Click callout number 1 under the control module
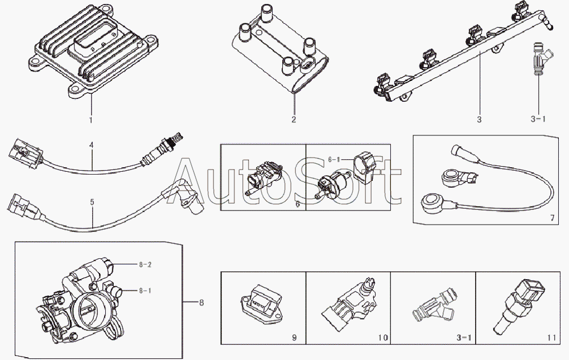point(89,121)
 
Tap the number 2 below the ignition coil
point(294,120)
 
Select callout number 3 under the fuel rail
point(479,120)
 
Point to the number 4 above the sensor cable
point(91,145)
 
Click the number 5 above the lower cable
point(92,201)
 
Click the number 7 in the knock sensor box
point(551,217)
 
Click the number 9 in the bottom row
point(294,338)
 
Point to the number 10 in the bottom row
point(382,338)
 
